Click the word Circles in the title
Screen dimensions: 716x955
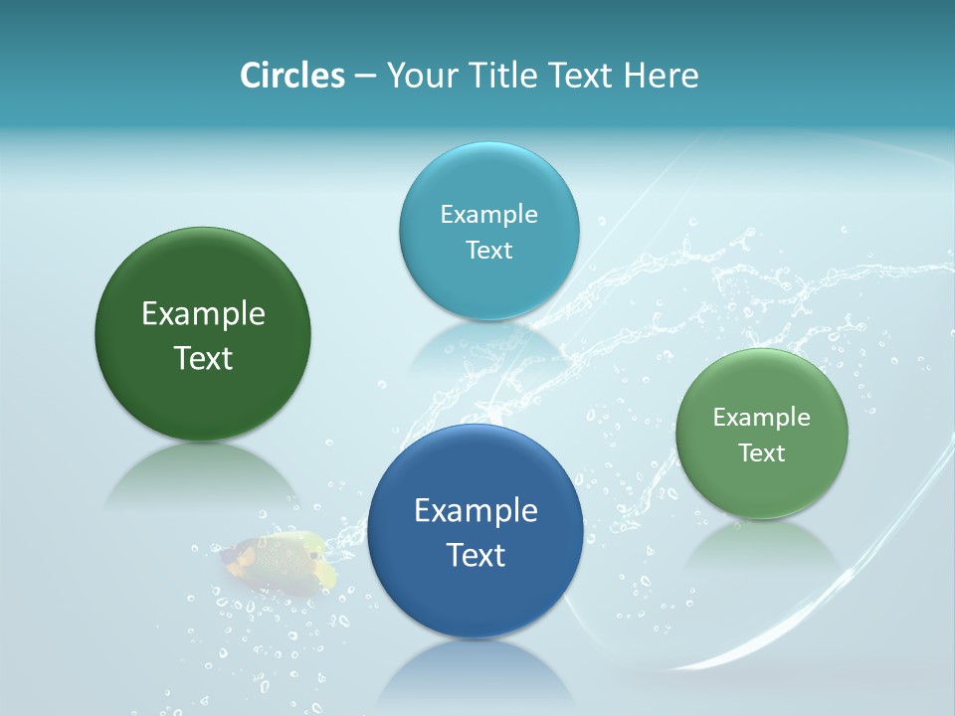(x=291, y=76)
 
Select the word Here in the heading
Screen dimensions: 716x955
(x=661, y=76)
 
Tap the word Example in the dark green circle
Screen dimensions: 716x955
(x=203, y=314)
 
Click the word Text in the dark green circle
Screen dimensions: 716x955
(x=203, y=358)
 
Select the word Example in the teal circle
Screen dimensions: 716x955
(x=489, y=215)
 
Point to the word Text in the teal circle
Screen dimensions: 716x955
(x=489, y=250)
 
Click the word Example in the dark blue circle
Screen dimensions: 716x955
(x=476, y=511)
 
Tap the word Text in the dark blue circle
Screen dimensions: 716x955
(x=476, y=555)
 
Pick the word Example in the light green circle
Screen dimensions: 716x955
(x=762, y=418)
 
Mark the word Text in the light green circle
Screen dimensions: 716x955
(x=762, y=452)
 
